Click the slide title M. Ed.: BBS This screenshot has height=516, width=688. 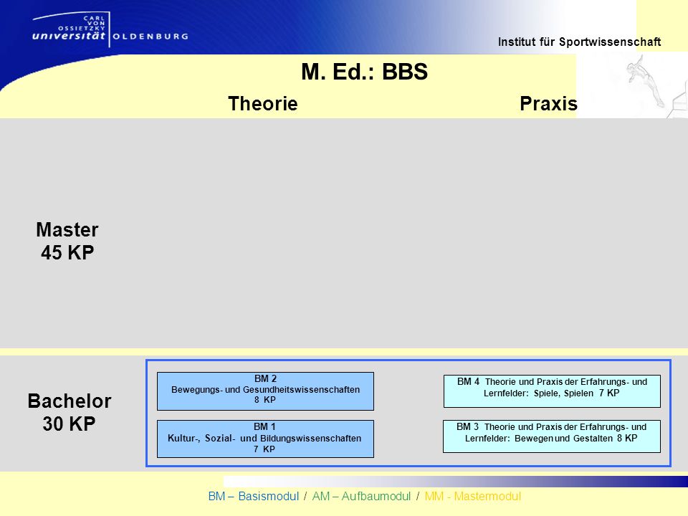click(x=364, y=72)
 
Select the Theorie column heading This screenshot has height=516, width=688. click(x=263, y=103)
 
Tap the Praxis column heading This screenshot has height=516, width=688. click(x=548, y=103)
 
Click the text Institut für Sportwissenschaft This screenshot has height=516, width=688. click(x=579, y=42)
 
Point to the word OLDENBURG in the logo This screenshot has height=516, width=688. click(x=150, y=37)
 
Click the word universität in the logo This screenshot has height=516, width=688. click(x=69, y=36)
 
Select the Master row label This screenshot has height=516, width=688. click(x=67, y=229)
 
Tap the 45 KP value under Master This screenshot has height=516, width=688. click(x=67, y=253)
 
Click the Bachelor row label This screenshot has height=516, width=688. click(x=70, y=401)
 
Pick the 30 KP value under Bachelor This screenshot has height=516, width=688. click(x=69, y=424)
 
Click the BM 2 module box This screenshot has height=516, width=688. click(x=265, y=391)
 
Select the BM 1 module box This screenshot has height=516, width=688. click(x=265, y=439)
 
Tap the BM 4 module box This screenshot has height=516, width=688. click(x=552, y=391)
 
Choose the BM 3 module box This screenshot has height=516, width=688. click(x=552, y=436)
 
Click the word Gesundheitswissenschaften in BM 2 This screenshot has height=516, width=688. click(x=302, y=390)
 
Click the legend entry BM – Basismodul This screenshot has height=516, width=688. click(x=254, y=496)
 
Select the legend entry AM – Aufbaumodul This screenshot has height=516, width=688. click(x=361, y=496)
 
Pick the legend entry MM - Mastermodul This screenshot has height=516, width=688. click(x=473, y=496)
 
